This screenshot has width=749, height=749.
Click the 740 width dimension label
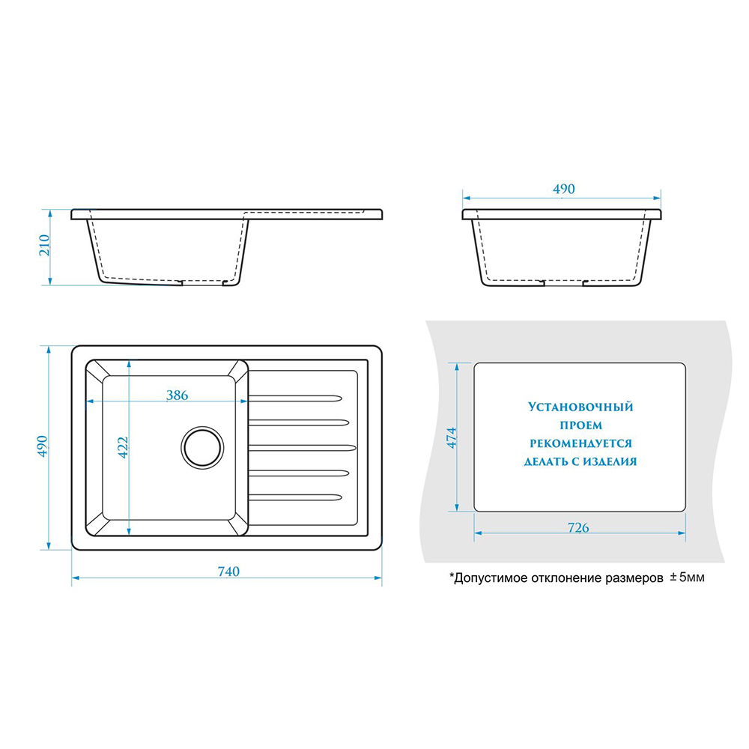tap(228, 571)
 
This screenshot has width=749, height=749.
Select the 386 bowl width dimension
tap(177, 395)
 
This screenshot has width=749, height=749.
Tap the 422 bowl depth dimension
tap(123, 448)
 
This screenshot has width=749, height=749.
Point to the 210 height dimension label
tap(44, 245)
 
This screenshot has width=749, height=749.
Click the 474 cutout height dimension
tap(452, 437)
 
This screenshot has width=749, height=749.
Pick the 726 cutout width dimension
tap(578, 527)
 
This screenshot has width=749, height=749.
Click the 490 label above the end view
tap(564, 189)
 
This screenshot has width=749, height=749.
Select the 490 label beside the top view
tap(43, 446)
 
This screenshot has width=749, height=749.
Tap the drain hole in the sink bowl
tap(202, 448)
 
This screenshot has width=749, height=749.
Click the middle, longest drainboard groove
tap(303, 448)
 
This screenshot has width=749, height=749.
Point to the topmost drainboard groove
tap(295, 398)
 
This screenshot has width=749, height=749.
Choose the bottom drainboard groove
tap(295, 497)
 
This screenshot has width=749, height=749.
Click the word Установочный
tap(580, 407)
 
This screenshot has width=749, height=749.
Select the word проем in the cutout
tap(581, 425)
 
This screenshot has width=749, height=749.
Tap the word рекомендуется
tap(581, 443)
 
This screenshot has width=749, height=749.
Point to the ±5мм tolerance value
tap(687, 577)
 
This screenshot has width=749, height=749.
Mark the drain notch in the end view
tap(564, 283)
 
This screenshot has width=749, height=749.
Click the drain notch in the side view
tap(202, 283)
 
